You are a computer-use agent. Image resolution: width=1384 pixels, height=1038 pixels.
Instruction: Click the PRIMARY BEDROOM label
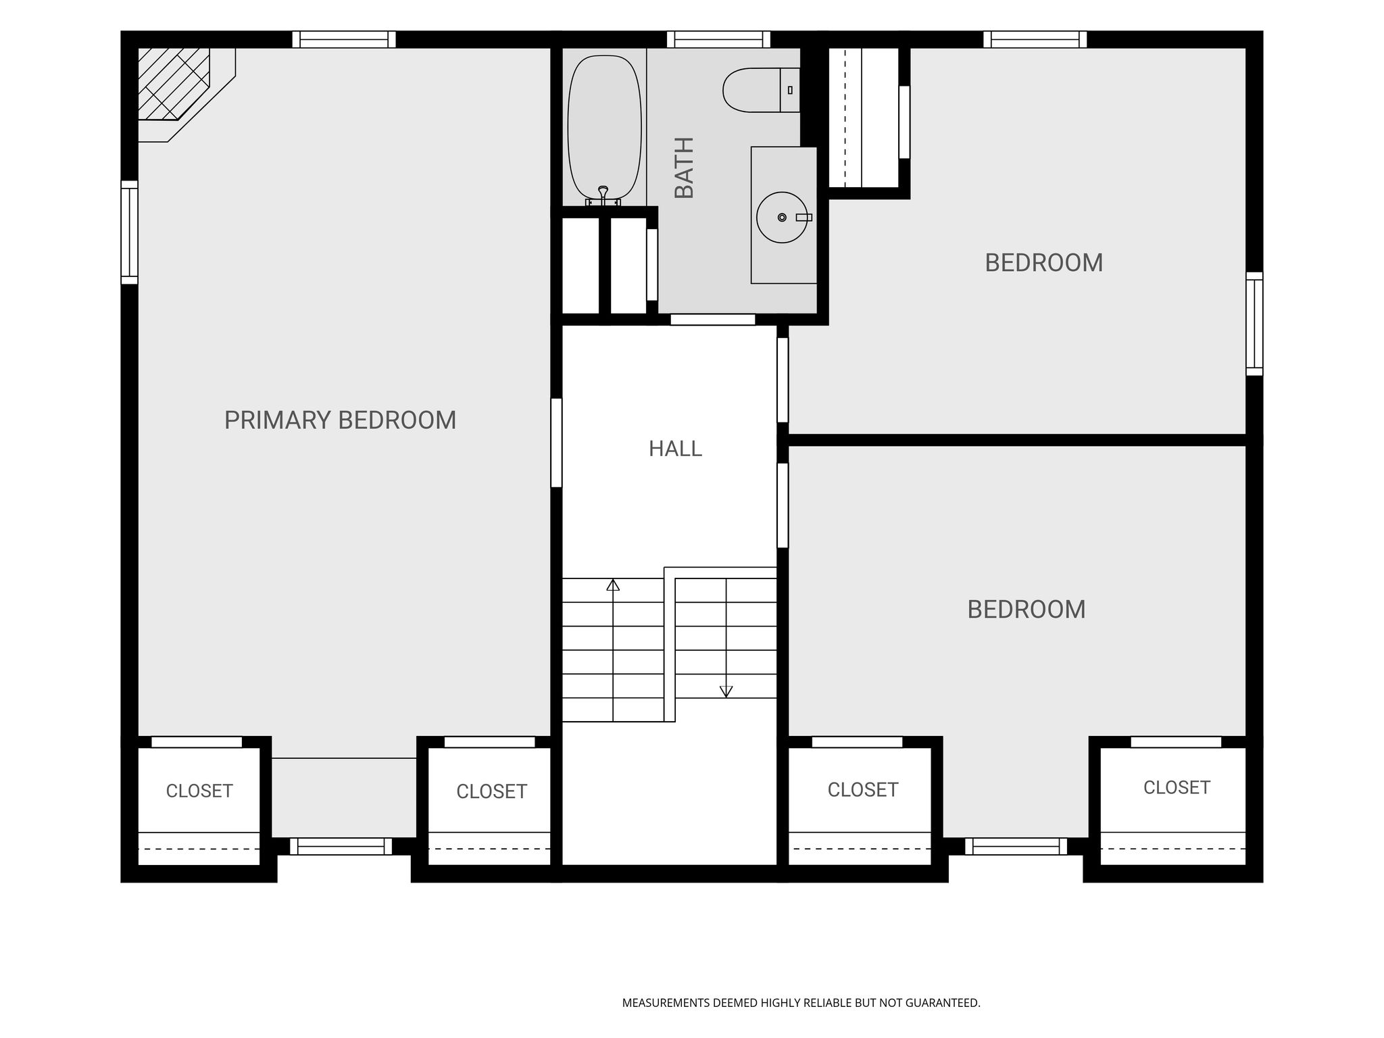tap(340, 420)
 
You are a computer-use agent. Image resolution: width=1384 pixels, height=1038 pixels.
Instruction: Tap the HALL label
tap(675, 449)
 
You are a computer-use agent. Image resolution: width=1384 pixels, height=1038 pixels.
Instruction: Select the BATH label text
tap(685, 168)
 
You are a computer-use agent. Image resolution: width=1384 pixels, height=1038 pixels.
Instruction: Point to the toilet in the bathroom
tap(761, 90)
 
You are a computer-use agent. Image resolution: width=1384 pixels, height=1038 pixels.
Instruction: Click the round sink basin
tap(782, 218)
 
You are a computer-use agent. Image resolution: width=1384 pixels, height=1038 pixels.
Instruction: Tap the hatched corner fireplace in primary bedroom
tap(174, 84)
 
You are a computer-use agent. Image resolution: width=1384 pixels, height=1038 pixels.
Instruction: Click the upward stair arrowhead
tap(613, 585)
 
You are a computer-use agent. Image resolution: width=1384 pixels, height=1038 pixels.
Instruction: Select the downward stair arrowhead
tap(726, 691)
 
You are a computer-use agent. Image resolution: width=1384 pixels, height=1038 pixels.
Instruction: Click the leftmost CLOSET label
tap(199, 791)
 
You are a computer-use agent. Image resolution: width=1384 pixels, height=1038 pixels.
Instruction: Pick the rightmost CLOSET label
tap(1177, 787)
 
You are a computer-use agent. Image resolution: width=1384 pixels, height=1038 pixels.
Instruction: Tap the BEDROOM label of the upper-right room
tap(1043, 263)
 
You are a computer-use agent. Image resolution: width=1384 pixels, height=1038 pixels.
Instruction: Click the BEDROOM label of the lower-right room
tap(1026, 610)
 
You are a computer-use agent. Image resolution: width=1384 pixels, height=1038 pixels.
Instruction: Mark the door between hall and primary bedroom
tap(556, 443)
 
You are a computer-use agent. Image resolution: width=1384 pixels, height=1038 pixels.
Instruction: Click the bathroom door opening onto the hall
tap(712, 320)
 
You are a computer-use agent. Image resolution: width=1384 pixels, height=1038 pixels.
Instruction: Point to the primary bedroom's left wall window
tap(129, 232)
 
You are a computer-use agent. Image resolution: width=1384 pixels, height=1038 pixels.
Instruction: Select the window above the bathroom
tap(718, 39)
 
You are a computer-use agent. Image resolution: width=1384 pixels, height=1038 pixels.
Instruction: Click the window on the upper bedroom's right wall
tap(1254, 324)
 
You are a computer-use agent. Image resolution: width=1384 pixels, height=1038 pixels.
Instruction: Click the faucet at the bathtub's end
tap(603, 196)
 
